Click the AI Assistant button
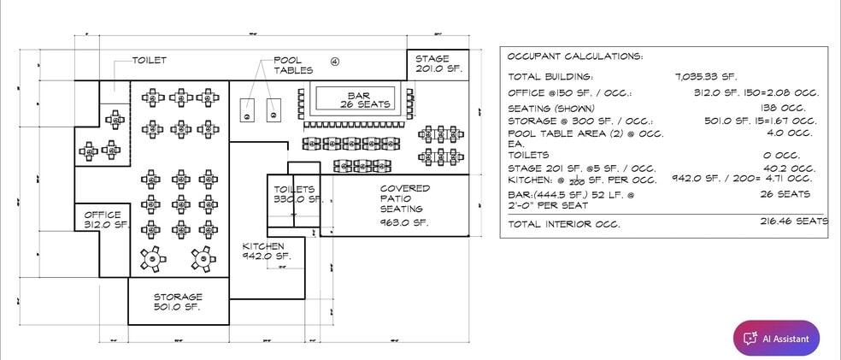click(776, 338)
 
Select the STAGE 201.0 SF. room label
click(438, 64)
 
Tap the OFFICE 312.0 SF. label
click(103, 220)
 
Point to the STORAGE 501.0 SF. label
click(178, 302)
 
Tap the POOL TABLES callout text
click(292, 65)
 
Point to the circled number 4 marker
click(335, 62)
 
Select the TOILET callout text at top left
click(149, 61)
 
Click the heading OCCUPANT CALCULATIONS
click(574, 56)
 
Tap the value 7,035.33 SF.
click(705, 76)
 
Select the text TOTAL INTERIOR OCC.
click(563, 224)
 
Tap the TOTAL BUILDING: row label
click(550, 76)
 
